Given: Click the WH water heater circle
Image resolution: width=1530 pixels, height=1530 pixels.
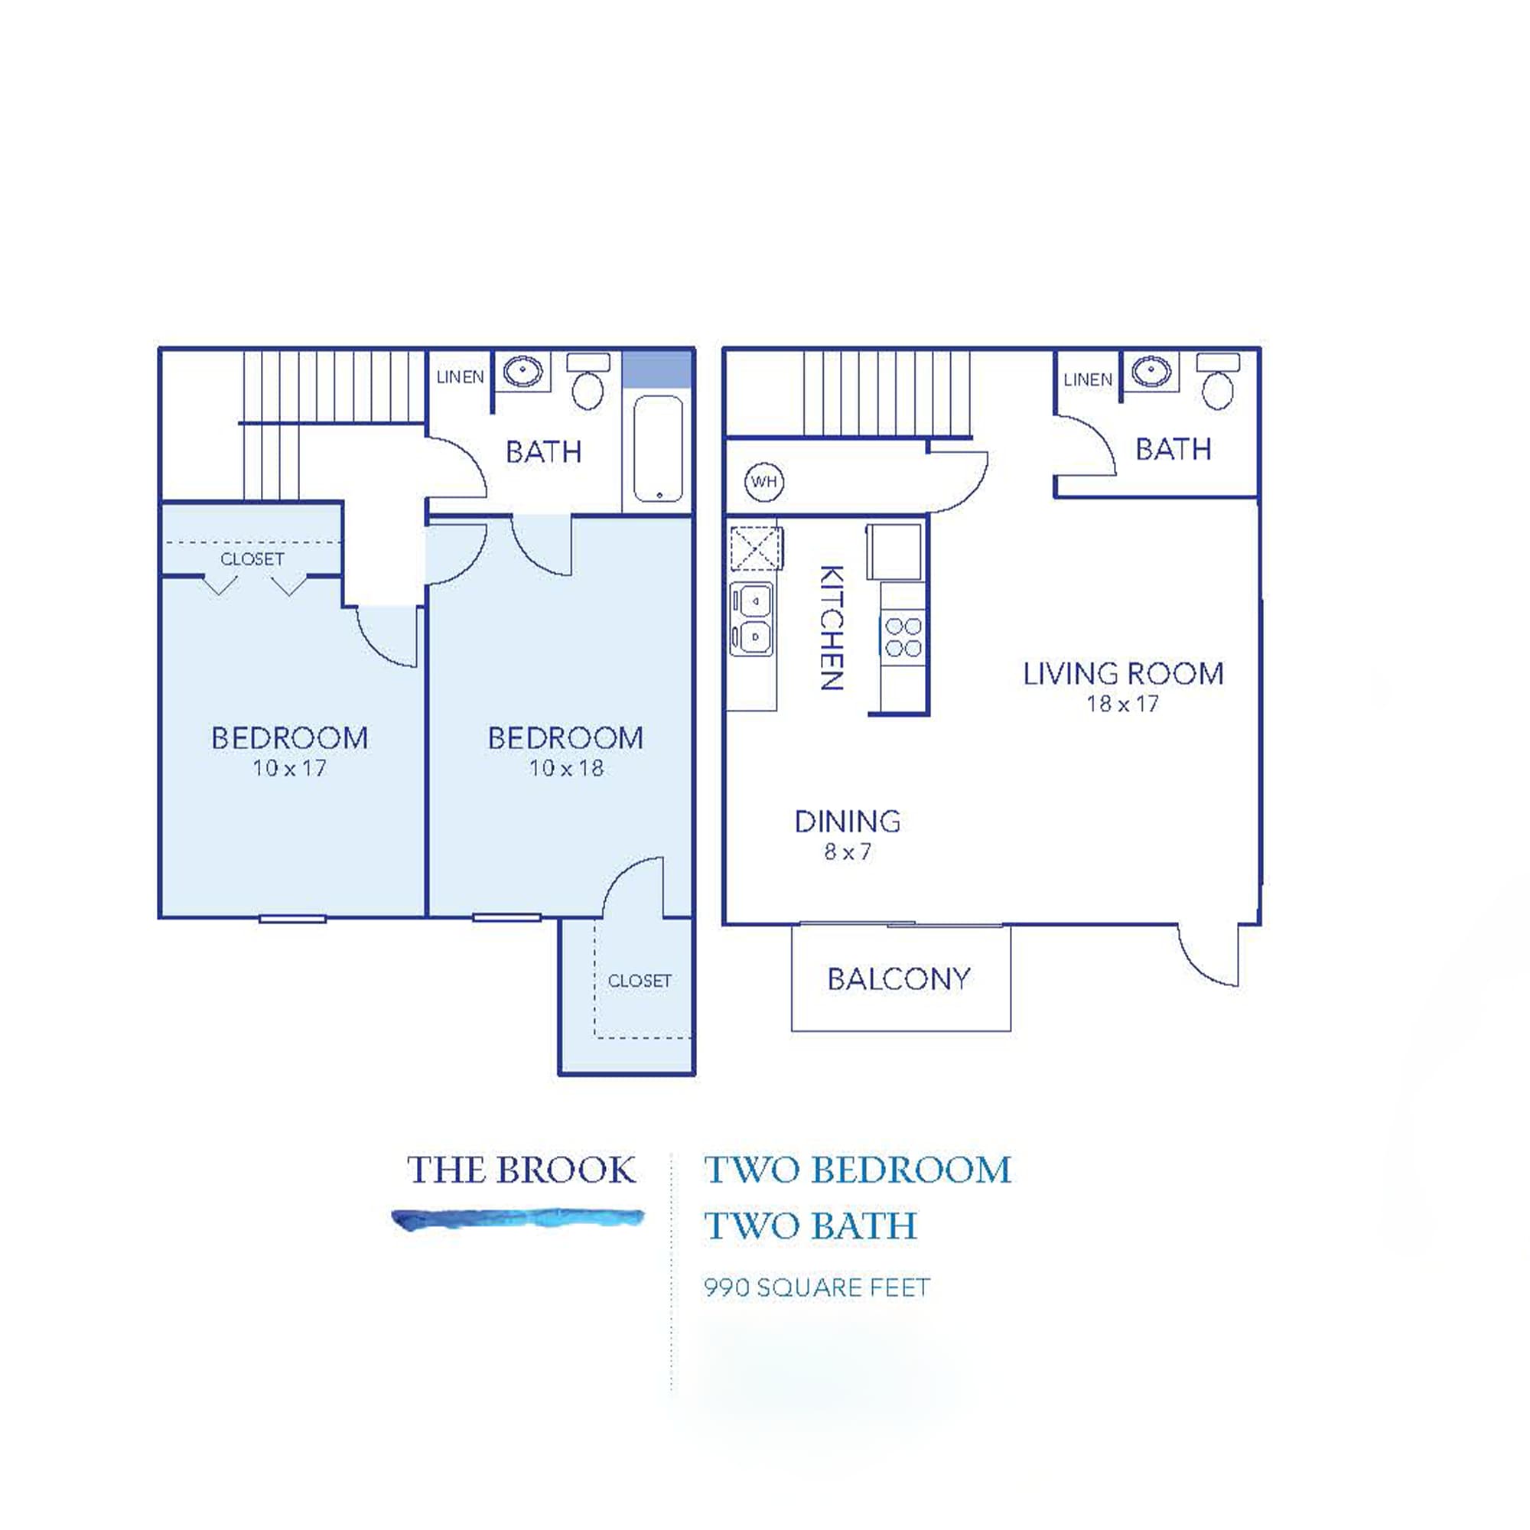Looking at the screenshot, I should click(763, 481).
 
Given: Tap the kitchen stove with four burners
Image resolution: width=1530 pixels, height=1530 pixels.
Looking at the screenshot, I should click(903, 637).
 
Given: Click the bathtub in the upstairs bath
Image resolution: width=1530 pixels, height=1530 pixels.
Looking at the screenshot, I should click(658, 448).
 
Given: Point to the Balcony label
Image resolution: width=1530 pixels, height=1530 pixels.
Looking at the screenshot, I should click(899, 980).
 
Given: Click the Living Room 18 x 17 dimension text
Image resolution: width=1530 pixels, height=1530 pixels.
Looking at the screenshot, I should click(1122, 703).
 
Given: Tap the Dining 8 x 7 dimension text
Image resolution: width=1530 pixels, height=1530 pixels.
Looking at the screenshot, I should click(848, 851).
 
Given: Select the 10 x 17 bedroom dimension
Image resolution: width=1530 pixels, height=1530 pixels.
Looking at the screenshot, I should click(289, 767).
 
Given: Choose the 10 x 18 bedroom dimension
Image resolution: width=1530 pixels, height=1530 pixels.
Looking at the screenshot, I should click(566, 767).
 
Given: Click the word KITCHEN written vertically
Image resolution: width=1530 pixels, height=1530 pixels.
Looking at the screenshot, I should click(831, 627).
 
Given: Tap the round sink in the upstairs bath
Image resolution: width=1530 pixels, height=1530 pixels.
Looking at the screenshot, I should click(523, 370).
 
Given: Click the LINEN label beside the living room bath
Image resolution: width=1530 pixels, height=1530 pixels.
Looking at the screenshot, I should click(1087, 380).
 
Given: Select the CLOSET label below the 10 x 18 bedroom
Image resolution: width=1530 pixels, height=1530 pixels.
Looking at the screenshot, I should click(639, 981).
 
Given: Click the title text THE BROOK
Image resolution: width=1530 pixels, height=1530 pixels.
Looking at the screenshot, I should click(521, 1170).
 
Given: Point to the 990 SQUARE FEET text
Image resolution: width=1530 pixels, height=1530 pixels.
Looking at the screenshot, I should click(816, 1287).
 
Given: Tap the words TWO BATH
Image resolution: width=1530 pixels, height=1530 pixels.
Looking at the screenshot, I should click(811, 1226).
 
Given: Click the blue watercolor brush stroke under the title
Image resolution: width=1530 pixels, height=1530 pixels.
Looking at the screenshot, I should click(519, 1218).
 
